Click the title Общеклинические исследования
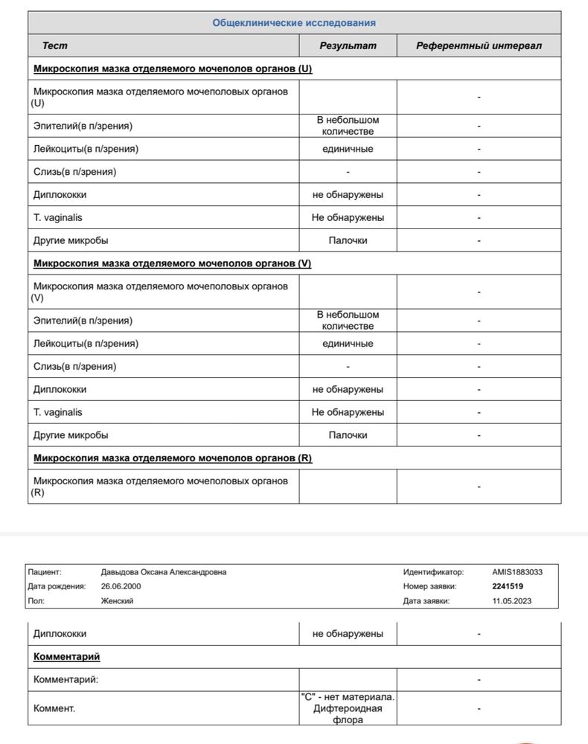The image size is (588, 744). pyautogui.click(x=294, y=23)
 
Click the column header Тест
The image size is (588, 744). pyautogui.click(x=54, y=45)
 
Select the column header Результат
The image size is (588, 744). pyautogui.click(x=348, y=45)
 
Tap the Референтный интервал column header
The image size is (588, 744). pyautogui.click(x=479, y=45)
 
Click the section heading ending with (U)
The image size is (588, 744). pyautogui.click(x=173, y=68)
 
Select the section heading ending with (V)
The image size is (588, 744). pyautogui.click(x=172, y=263)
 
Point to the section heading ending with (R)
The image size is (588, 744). pyautogui.click(x=173, y=458)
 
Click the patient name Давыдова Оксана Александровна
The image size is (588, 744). pyautogui.click(x=164, y=572)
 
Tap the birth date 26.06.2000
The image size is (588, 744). pyautogui.click(x=121, y=586)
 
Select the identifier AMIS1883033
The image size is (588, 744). pyautogui.click(x=517, y=572)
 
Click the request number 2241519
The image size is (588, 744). pyautogui.click(x=508, y=586)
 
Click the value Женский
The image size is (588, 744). pyautogui.click(x=117, y=601)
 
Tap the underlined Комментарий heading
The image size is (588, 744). pyautogui.click(x=67, y=657)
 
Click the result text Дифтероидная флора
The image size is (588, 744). pyautogui.click(x=348, y=714)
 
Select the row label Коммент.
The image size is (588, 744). pyautogui.click(x=54, y=709)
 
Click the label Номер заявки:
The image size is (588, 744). pyautogui.click(x=430, y=586)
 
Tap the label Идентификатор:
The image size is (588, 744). pyautogui.click(x=433, y=572)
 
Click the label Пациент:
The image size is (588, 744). pyautogui.click(x=45, y=572)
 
